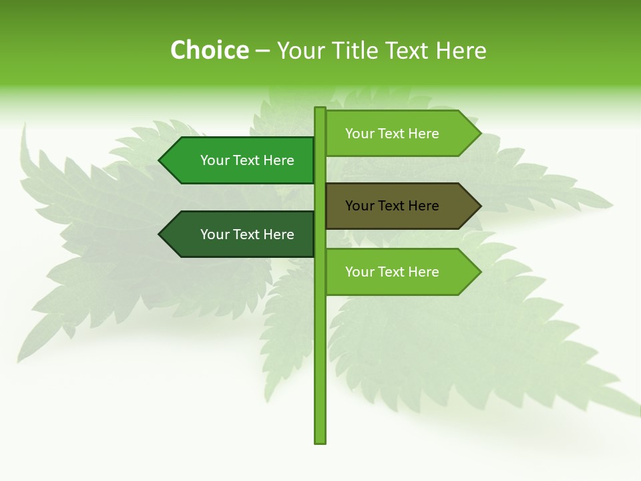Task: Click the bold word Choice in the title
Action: coord(209,51)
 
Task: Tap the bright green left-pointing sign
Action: coord(237,160)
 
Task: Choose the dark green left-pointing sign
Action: coord(237,234)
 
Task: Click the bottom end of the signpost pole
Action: coord(320,440)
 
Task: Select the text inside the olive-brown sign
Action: coord(392,206)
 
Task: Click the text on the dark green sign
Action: coord(247,234)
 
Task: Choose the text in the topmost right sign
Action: coord(392,134)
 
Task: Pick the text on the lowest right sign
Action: coord(392,272)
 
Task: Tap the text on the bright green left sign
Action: coord(247,160)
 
